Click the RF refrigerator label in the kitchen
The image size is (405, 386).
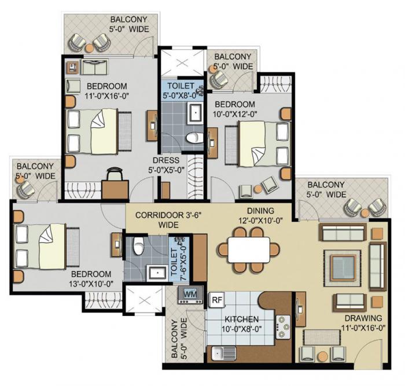pyautogui.click(x=216, y=300)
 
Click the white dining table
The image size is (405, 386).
pyautogui.click(x=249, y=251)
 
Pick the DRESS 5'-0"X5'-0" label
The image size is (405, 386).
pyautogui.click(x=166, y=166)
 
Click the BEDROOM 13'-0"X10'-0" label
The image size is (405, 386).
pyautogui.click(x=91, y=279)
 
